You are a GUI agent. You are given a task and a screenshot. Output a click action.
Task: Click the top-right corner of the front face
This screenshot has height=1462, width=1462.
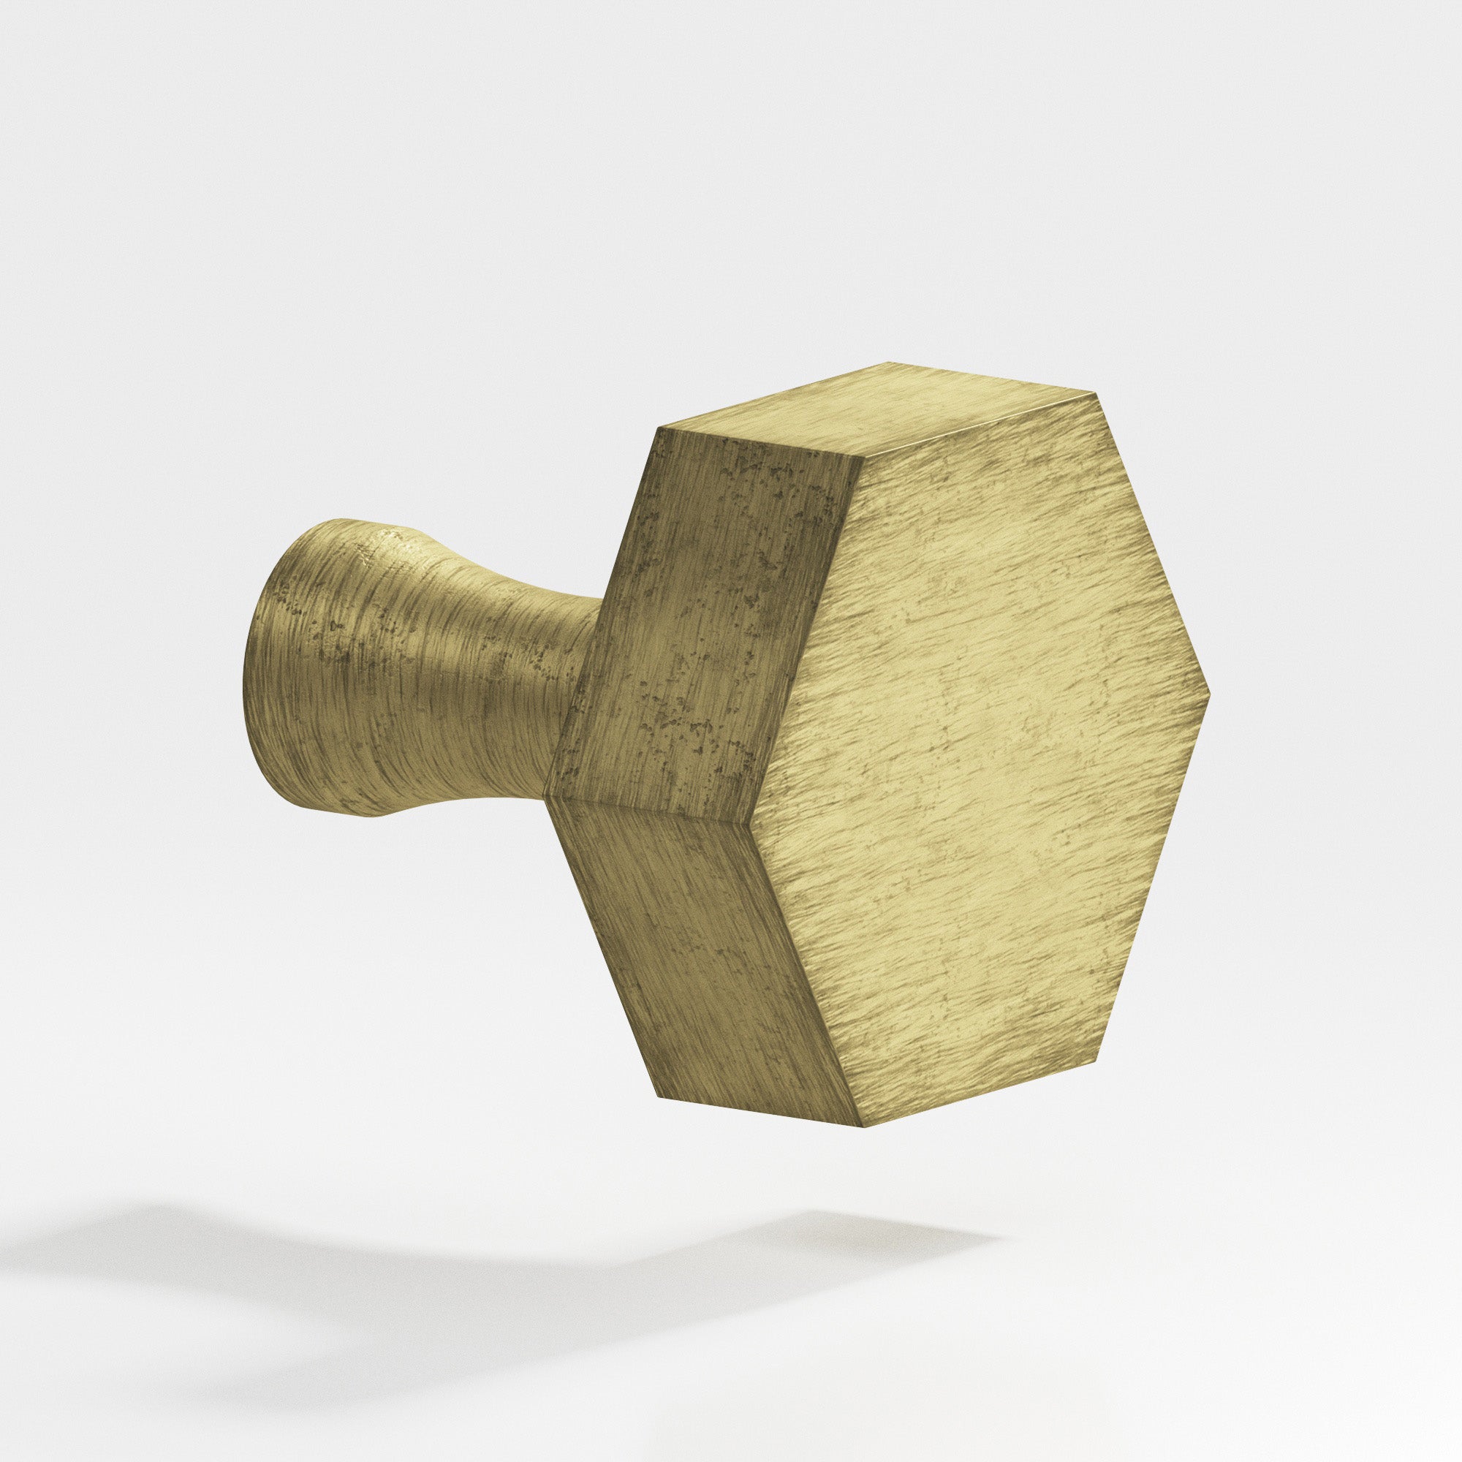point(1095,393)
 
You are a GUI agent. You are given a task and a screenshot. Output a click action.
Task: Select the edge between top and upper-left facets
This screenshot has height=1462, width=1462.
point(757,443)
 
